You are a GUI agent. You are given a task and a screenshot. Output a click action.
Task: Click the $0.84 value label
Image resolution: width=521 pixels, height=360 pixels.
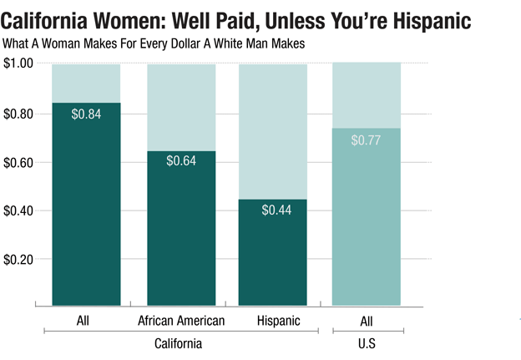86,114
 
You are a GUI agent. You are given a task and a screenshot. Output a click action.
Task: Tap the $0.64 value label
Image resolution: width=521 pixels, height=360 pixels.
181,161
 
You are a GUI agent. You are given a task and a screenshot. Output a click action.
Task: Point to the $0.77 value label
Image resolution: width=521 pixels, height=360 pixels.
366,140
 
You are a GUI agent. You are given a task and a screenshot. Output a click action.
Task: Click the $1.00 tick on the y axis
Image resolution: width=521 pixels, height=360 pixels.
19,64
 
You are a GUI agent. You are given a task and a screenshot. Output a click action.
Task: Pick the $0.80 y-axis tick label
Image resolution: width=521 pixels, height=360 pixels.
19,114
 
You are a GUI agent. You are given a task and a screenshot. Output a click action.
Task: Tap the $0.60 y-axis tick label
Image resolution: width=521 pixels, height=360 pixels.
19,162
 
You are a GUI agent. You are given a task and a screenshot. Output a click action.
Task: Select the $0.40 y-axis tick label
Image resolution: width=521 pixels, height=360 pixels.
19,210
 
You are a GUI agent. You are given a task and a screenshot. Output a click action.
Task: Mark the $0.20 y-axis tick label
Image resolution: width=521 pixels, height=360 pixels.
19,260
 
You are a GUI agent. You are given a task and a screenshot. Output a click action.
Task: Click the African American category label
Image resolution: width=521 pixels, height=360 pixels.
181,321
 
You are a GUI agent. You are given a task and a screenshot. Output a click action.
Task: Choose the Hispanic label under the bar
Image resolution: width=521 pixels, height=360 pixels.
273,321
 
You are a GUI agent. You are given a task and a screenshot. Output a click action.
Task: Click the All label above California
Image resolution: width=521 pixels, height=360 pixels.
86,321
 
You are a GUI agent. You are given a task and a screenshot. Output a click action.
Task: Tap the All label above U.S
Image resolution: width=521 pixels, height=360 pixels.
366,321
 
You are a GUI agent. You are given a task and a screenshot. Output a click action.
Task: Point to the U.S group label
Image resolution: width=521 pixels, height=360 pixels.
366,343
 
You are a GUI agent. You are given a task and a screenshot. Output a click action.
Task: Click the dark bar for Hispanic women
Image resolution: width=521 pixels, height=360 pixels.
273,259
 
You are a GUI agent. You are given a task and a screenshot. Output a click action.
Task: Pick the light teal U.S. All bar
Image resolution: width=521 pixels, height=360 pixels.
366,226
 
